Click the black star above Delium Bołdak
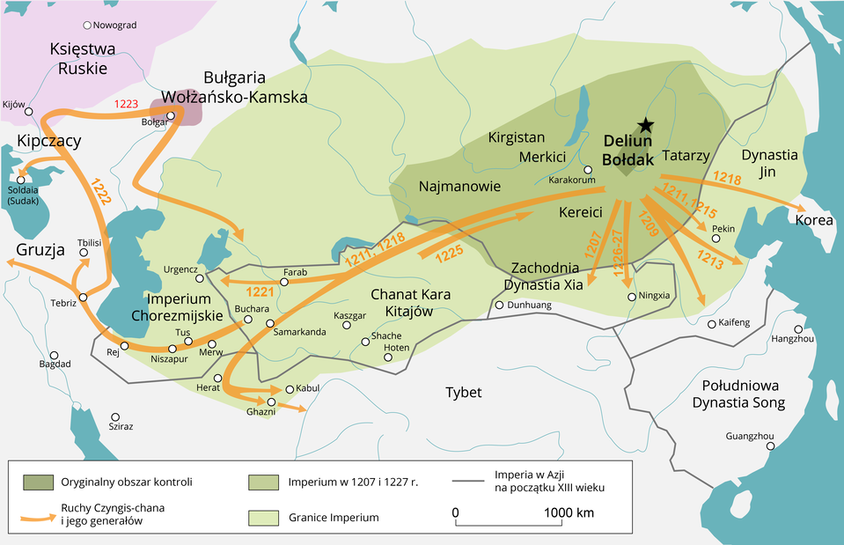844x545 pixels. (646, 125)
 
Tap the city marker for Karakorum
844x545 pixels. (588, 170)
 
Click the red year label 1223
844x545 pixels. (127, 104)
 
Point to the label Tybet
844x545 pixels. (463, 392)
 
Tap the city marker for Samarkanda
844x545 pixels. (270, 323)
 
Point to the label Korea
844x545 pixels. (813, 220)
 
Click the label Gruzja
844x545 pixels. (40, 250)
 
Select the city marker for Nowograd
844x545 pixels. (86, 26)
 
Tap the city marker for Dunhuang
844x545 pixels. (499, 306)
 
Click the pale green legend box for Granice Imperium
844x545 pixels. (264, 517)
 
